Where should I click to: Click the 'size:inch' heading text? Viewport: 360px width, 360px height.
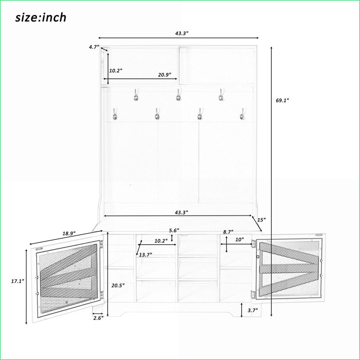coord(41,18)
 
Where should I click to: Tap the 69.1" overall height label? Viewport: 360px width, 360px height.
coord(282,100)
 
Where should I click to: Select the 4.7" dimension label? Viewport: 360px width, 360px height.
coord(94,47)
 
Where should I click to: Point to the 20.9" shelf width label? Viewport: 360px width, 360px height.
coord(165,75)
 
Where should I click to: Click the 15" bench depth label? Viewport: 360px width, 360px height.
coord(261,220)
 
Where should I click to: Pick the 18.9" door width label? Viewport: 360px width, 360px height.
coord(69,234)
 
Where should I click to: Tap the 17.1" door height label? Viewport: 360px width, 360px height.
coord(18,281)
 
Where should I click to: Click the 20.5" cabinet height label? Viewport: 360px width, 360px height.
coord(118,285)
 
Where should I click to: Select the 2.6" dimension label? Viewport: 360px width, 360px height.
coord(99,318)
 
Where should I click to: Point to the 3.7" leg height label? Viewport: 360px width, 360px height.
coord(253,310)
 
